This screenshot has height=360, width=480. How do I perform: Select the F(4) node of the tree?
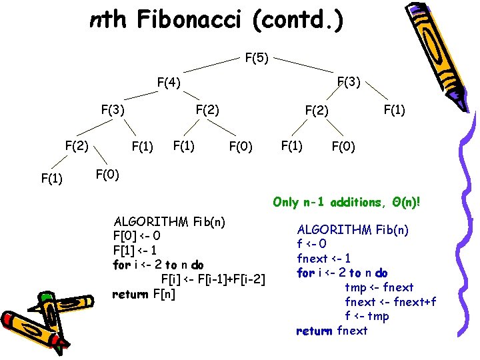169,83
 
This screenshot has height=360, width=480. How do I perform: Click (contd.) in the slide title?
299,21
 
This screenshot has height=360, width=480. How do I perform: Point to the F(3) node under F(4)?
112,109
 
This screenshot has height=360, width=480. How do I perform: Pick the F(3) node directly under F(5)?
349,82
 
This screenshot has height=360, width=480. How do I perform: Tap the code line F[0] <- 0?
137,236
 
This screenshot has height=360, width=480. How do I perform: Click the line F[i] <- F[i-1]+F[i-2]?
214,279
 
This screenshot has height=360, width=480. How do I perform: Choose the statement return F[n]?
143,293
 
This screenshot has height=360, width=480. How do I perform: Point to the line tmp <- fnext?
379,287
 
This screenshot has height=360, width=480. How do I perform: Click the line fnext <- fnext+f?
390,302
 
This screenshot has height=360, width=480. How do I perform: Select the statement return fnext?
331,331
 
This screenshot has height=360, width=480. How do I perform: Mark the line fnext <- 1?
324,259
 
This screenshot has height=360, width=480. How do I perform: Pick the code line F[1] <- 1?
136,251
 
